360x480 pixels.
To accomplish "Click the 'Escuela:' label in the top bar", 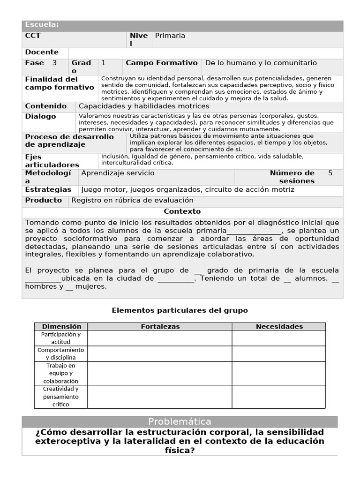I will [42, 25].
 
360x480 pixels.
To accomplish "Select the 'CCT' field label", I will [33, 36].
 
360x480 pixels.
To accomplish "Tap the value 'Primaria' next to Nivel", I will [170, 36].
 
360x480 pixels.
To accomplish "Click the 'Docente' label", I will [42, 52].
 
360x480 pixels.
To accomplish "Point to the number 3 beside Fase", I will [55, 63].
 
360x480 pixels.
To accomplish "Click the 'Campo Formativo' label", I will [162, 63].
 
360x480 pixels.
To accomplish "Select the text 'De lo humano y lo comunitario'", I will [261, 63].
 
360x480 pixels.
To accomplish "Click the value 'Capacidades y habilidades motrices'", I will [144, 106].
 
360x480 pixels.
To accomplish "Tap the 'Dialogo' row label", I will [40, 116].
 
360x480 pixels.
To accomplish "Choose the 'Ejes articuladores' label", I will [52, 161].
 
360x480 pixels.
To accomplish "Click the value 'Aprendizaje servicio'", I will [118, 173].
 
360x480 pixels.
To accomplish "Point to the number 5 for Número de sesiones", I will [330, 173].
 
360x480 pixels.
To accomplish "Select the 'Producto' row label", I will [43, 200].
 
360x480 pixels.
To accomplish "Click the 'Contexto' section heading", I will [182, 211].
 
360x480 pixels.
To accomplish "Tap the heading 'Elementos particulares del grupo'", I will [180, 310].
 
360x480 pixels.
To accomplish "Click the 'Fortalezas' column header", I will [160, 326].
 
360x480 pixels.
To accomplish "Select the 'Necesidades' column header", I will [279, 326].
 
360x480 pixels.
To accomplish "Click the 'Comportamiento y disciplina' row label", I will [60, 354].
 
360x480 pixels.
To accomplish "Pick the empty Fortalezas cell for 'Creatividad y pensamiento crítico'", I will [160, 397].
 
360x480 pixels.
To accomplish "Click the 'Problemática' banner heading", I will [180, 421].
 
